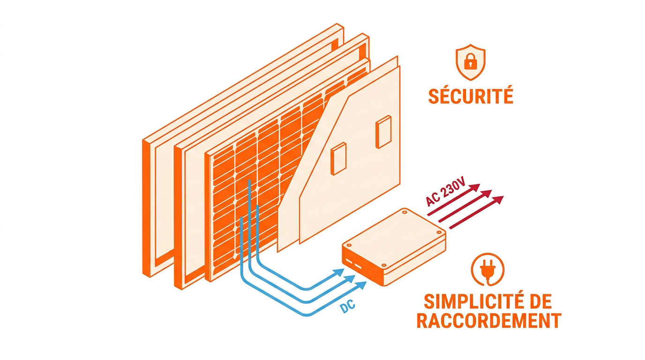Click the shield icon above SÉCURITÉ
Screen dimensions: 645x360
tap(471, 62)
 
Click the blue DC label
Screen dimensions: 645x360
tap(347, 307)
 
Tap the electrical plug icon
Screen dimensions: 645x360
tap(487, 270)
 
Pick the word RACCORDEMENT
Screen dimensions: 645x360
tap(489, 320)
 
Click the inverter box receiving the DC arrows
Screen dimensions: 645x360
tap(394, 247)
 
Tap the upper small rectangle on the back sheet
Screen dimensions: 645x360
tap(383, 132)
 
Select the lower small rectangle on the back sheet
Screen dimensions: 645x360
tap(338, 159)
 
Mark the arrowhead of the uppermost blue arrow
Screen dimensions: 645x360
tap(338, 272)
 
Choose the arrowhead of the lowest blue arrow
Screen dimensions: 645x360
tap(361, 285)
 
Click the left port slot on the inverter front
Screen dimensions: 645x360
tap(349, 261)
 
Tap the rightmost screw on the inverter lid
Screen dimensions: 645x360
tap(439, 232)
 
